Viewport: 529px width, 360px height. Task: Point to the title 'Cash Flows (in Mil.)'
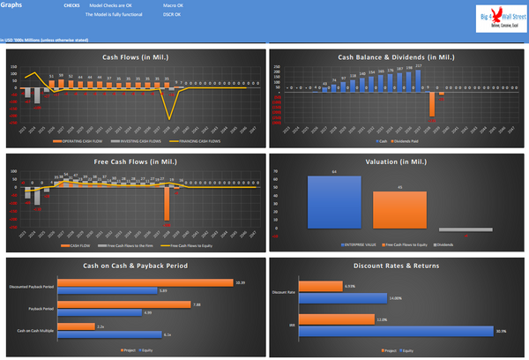click(x=136, y=57)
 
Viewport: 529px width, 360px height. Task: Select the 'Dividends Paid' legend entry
click(x=405, y=140)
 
